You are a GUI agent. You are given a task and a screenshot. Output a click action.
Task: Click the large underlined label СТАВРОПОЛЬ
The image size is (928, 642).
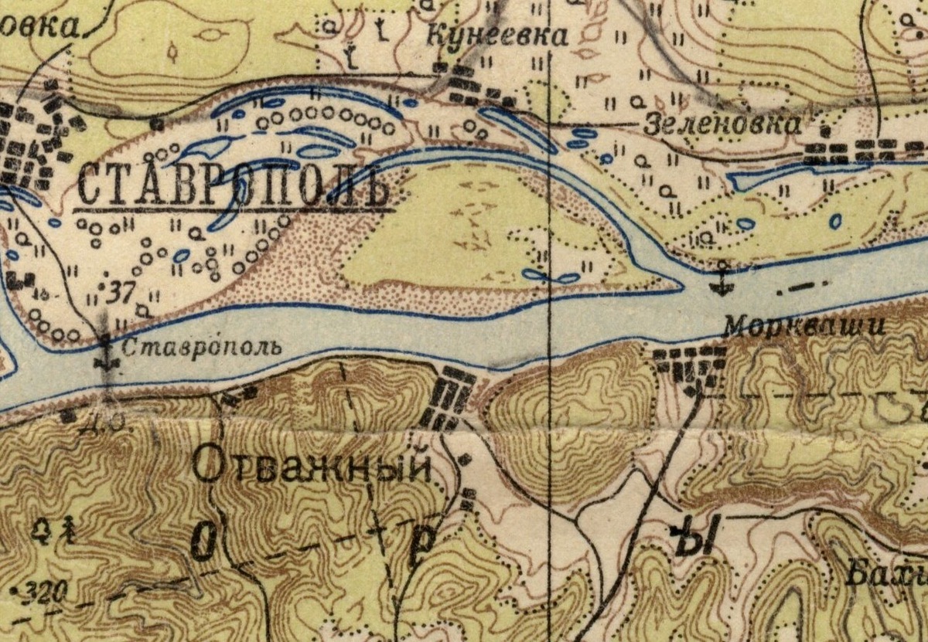click(x=232, y=188)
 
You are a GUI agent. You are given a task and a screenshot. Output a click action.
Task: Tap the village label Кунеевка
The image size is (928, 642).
click(x=497, y=36)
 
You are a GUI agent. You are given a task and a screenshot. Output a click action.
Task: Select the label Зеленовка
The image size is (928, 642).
click(x=722, y=124)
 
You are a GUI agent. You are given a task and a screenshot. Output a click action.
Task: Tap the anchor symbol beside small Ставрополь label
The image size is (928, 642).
click(x=106, y=355)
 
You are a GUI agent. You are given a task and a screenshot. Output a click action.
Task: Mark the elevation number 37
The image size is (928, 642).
click(x=118, y=292)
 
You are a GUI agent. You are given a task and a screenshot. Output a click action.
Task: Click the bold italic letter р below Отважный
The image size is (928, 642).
click(x=422, y=543)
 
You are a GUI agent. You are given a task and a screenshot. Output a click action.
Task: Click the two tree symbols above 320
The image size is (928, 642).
click(x=56, y=529)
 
